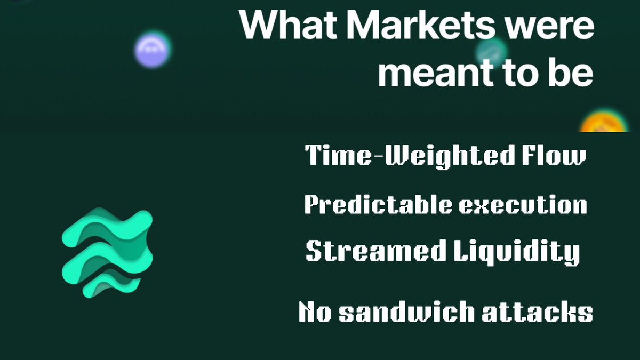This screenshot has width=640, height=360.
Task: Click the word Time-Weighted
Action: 404,156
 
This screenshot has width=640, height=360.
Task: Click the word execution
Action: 523,205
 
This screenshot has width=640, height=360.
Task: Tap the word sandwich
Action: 408,312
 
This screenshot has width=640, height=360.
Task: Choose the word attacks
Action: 536,312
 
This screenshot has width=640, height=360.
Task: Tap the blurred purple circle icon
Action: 152,49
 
